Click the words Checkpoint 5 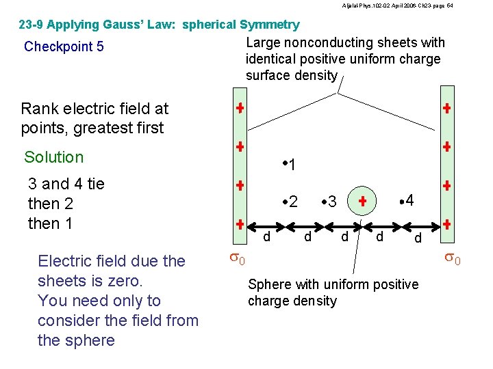(x=64, y=47)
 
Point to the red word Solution (x=53, y=157)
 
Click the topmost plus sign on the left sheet (x=240, y=109)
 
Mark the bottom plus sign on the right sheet (x=446, y=224)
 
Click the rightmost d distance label (x=418, y=238)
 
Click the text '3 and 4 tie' (x=66, y=184)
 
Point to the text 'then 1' (x=51, y=223)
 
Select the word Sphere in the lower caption (x=270, y=284)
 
